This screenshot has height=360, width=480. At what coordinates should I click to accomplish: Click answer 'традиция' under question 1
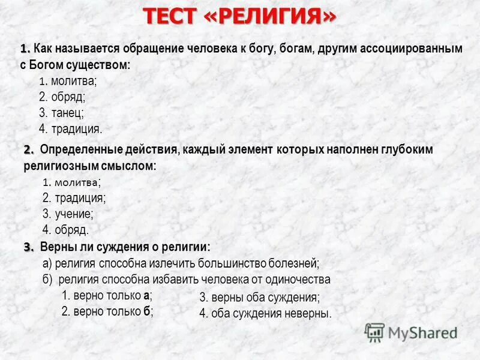(76, 128)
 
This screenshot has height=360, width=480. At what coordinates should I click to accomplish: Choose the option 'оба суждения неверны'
(271, 313)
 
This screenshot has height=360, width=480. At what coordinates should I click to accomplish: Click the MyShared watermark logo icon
(374, 332)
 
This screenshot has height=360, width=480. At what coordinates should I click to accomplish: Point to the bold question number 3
(29, 247)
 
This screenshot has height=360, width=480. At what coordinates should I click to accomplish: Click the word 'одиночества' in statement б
(301, 280)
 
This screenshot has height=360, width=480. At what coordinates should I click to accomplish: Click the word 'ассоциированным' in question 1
(411, 49)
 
